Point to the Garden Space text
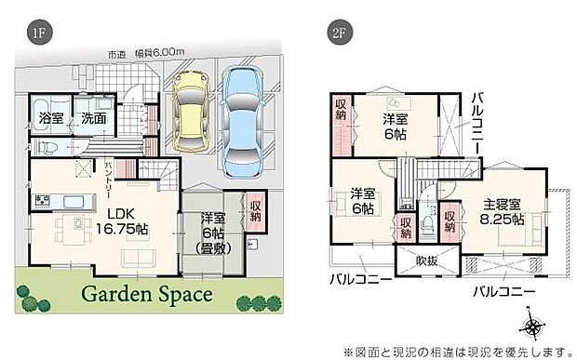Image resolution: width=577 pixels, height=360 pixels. [146, 295]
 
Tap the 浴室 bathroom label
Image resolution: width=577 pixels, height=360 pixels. [47, 119]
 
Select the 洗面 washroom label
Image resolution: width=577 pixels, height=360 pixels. [91, 119]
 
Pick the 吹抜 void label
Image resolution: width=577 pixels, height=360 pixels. [426, 261]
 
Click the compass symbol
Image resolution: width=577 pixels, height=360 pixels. [534, 327]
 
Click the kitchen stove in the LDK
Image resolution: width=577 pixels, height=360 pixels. [43, 202]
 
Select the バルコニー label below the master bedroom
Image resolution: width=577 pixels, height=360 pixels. [503, 291]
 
